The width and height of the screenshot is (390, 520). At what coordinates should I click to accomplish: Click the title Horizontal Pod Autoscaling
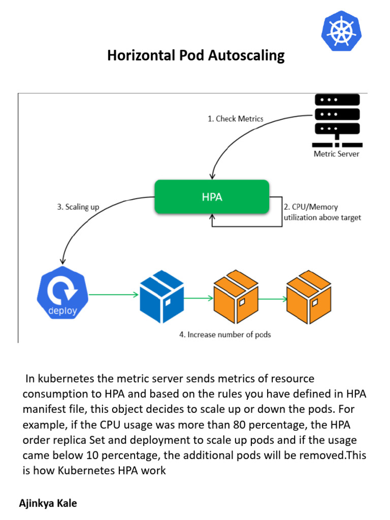pos(196,55)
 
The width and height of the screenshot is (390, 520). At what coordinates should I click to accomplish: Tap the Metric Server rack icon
pos(337,119)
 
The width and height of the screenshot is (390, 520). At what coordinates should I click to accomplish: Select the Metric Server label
pos(336,153)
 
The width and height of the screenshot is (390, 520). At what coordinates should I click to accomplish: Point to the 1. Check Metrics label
pos(236,118)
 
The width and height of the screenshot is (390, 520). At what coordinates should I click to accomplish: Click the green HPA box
pos(212,197)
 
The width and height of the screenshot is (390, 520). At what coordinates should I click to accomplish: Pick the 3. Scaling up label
pos(78,207)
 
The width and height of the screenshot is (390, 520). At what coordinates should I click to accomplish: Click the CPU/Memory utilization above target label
pos(322,212)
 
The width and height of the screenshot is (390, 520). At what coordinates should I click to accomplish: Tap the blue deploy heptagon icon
pos(62,294)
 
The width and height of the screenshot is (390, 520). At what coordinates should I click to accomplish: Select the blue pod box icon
pos(161,294)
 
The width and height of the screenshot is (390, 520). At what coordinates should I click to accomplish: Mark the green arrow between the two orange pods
pos(272,299)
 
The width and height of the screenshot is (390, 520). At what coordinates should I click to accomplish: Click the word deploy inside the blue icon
pos(62,311)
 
